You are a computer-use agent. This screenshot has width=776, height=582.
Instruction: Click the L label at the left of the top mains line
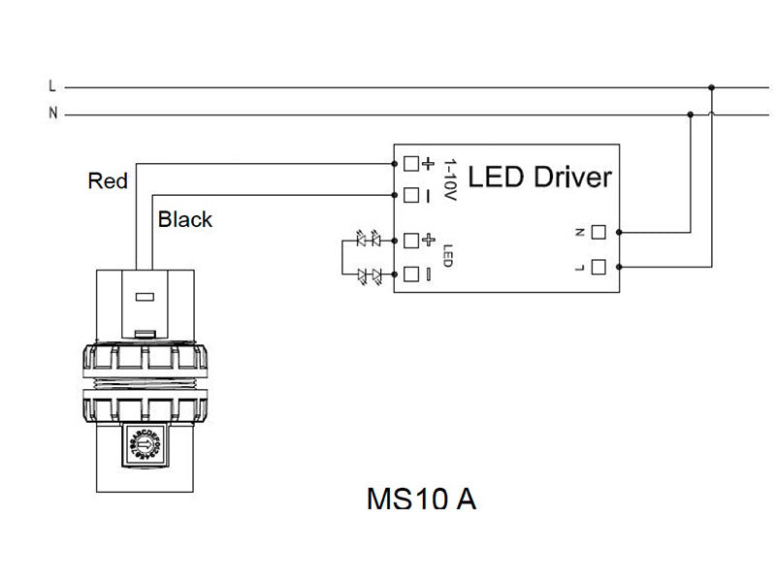point(52,86)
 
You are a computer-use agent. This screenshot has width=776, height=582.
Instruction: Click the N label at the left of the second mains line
point(52,113)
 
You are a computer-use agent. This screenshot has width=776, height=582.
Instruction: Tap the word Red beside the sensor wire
point(108,180)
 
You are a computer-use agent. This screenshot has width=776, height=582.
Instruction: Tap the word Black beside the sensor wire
point(185,219)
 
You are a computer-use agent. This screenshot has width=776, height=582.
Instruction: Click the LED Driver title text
point(539,178)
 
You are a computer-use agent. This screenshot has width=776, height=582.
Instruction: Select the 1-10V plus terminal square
point(410,163)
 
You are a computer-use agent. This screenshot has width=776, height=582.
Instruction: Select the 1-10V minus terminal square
point(410,193)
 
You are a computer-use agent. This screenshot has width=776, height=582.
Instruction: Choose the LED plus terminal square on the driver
point(410,239)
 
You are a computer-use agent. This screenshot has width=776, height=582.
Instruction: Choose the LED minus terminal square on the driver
point(410,273)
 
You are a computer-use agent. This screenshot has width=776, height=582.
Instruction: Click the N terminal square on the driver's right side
point(598,232)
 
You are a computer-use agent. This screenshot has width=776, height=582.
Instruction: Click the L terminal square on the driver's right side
point(598,266)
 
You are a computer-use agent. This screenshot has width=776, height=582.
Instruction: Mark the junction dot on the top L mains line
point(712,87)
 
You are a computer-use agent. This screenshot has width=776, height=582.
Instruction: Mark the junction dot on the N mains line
point(691,114)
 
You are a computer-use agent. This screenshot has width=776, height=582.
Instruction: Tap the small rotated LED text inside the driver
point(448,256)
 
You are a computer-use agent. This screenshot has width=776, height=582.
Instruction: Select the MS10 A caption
point(421,499)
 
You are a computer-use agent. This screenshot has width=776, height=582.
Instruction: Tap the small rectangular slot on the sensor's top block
point(145,299)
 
